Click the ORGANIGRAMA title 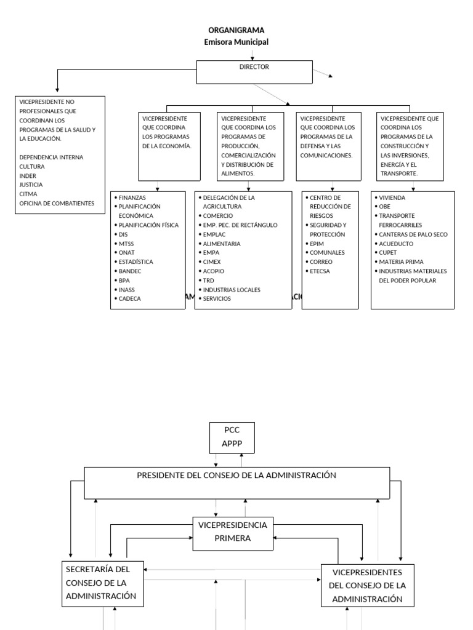coord(236,30)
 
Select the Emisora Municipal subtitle coord(236,42)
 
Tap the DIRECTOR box coord(254,71)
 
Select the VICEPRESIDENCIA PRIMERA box coord(233,532)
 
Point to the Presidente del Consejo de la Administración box coord(236,482)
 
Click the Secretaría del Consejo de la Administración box coord(103,583)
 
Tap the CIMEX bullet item coord(212,262)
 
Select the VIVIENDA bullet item coord(392,198)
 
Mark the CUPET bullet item coord(389,253)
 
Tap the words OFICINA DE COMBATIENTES coord(57,203)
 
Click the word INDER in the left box coord(28,175)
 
